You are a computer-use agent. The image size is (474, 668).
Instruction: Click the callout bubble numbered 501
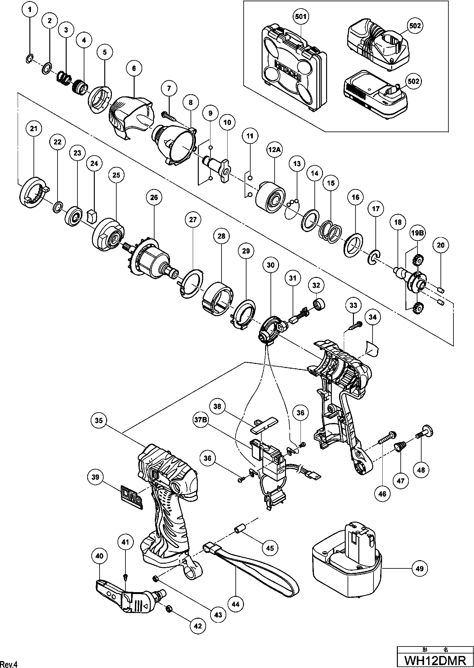coord(301,16)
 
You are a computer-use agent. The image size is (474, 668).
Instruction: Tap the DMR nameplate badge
coord(131,498)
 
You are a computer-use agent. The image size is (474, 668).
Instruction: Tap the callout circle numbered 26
coord(154,198)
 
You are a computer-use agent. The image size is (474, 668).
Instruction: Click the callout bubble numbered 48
coord(421,470)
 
